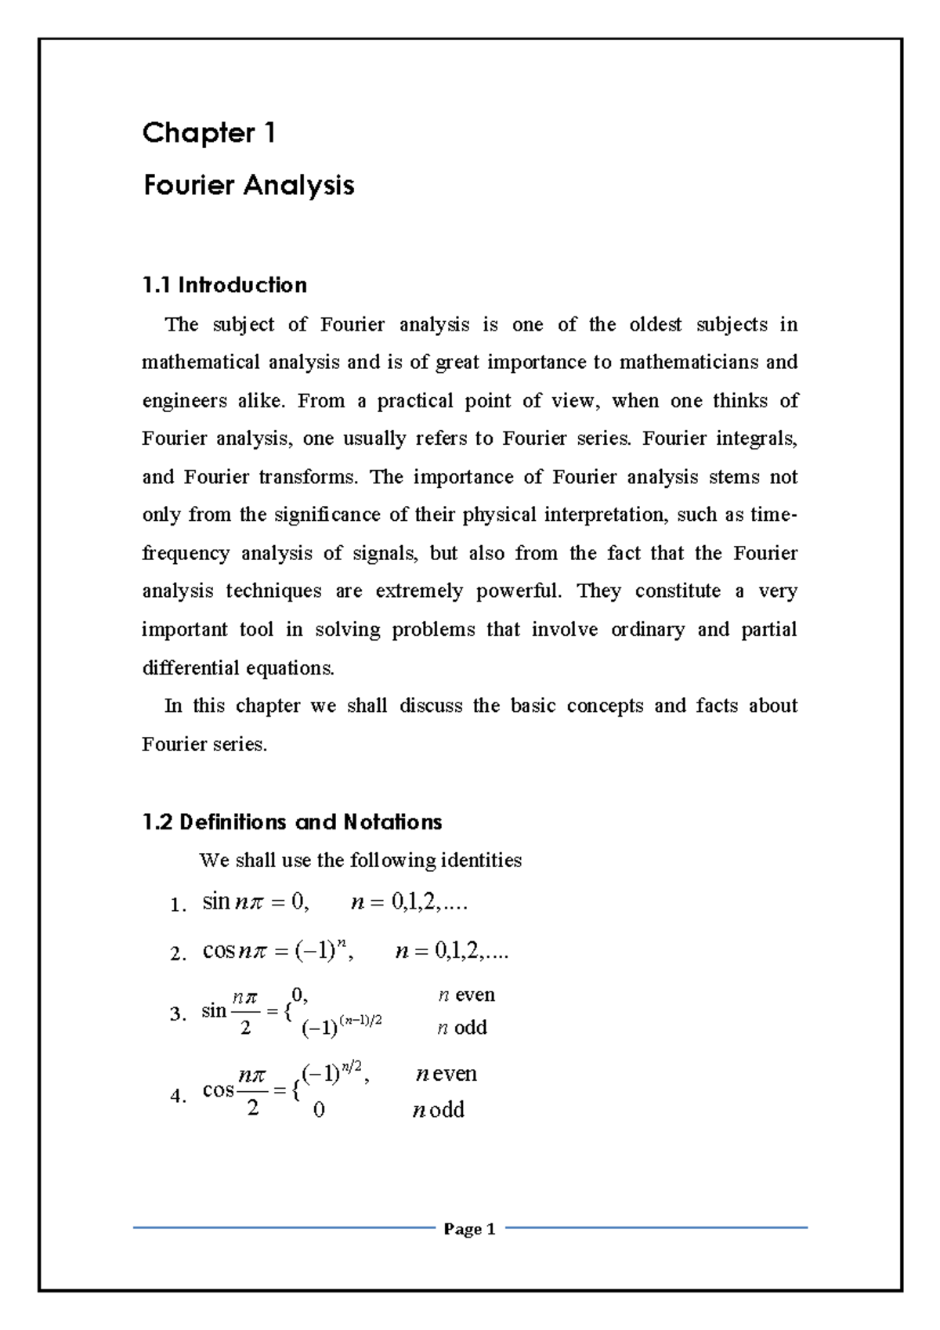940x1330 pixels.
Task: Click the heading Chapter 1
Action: click(x=208, y=134)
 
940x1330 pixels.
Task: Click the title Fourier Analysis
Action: click(x=248, y=186)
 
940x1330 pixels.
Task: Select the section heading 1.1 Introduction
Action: click(x=225, y=285)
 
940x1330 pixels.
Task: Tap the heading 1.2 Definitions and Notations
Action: click(x=292, y=822)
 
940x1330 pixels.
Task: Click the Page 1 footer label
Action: click(x=469, y=1229)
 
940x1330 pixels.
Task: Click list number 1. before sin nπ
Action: click(x=178, y=905)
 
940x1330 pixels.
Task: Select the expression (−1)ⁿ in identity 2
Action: click(x=324, y=952)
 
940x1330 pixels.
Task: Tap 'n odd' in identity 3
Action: click(x=461, y=1028)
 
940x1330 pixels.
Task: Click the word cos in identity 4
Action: click(x=218, y=1090)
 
